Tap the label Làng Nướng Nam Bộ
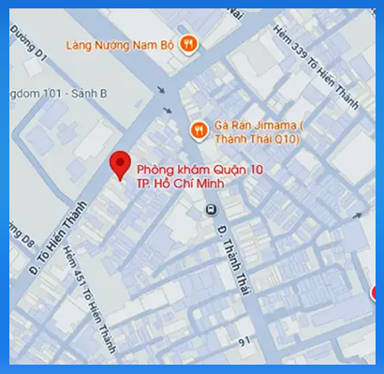pos(122,42)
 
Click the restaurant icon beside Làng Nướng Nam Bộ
pos(189,42)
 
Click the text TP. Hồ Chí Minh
pos(183,184)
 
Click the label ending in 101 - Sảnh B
pos(56,94)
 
